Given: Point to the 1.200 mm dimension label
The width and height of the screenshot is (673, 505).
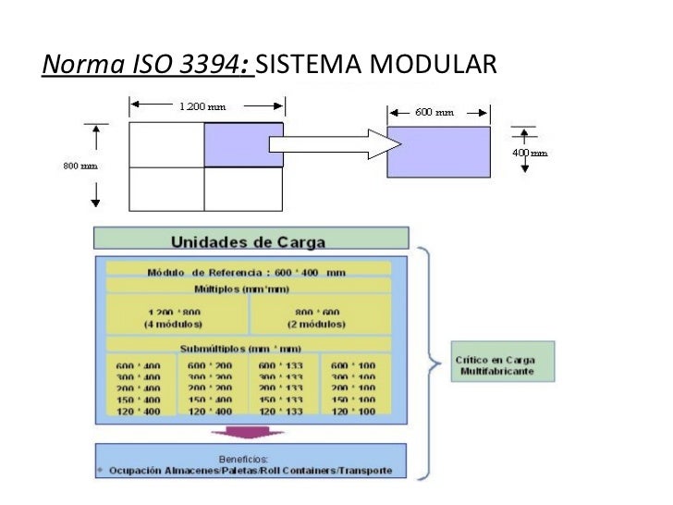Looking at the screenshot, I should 202,106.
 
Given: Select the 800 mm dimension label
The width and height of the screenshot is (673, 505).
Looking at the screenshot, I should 80,166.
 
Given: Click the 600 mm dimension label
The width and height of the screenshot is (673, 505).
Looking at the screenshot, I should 434,112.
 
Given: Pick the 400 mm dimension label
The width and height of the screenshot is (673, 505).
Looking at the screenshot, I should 530,152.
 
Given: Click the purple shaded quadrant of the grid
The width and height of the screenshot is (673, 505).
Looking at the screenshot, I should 243,145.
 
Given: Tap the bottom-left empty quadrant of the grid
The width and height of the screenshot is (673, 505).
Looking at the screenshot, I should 166,189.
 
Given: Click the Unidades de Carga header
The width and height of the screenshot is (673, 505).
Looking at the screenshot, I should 249,242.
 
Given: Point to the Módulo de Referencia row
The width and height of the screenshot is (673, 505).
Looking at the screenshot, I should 249,272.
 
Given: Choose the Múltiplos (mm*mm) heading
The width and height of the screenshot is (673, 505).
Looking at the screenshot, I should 249,289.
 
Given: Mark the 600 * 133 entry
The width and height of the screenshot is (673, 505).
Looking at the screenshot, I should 282,365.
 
